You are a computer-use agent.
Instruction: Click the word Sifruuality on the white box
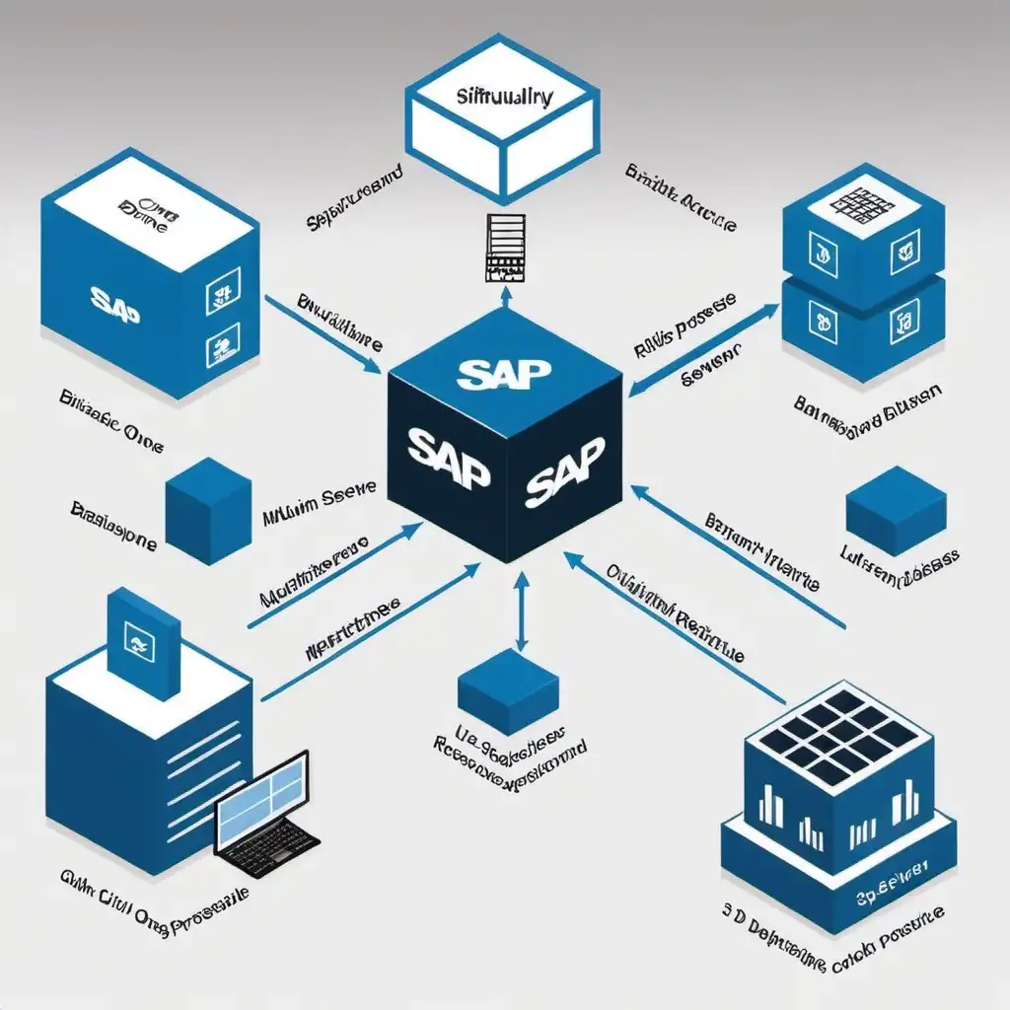(505, 98)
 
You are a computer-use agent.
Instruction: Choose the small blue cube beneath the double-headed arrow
(509, 689)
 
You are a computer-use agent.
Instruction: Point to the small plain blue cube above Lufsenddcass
(896, 509)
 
